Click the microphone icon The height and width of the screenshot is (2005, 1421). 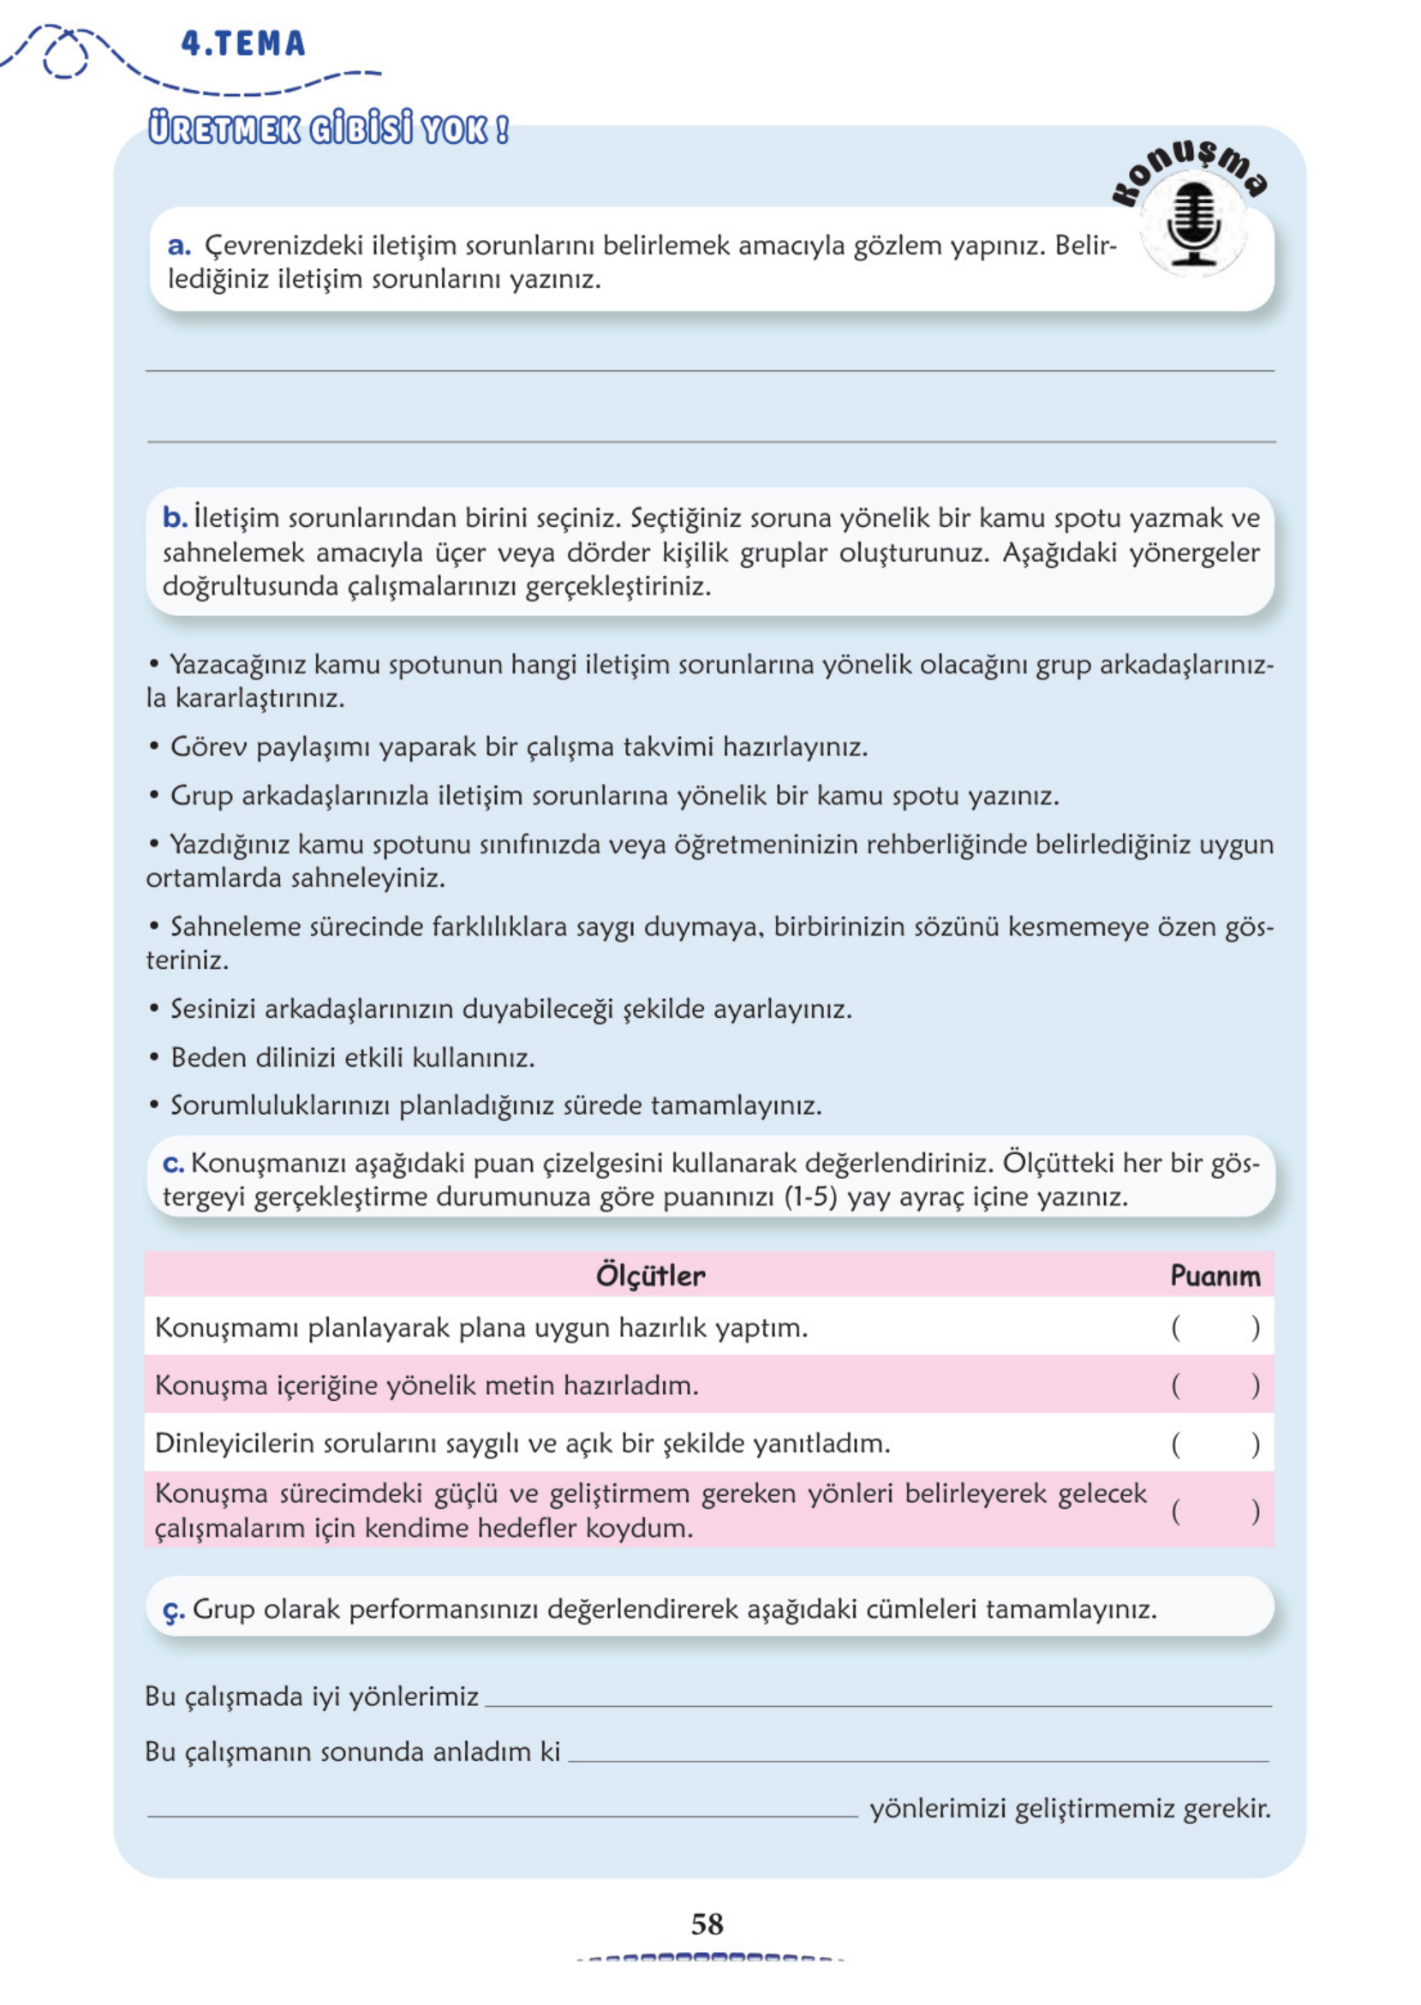point(1193,224)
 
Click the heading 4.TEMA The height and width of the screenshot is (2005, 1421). point(242,44)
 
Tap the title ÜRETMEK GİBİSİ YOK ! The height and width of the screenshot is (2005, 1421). point(328,129)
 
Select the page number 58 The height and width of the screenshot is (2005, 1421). point(707,1924)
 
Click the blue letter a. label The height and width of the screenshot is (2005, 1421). point(178,246)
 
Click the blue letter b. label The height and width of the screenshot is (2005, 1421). point(174,518)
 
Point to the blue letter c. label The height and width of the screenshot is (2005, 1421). point(172,1164)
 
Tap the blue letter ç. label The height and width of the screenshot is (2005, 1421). point(173,1609)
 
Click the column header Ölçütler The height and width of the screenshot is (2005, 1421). point(650,1275)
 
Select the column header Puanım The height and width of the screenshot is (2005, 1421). point(1215,1276)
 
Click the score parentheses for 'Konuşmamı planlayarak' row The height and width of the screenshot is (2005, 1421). point(1215,1328)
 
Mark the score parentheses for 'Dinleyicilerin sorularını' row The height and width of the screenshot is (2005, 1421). point(1215,1444)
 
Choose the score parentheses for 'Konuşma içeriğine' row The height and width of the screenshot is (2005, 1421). point(1215,1386)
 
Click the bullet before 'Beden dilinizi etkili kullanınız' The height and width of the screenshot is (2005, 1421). point(154,1058)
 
